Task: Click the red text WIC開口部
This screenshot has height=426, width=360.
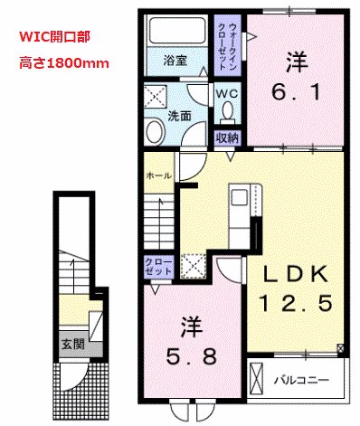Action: [x=54, y=41]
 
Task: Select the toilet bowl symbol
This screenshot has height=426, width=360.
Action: [x=227, y=113]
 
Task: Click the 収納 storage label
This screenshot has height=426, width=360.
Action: [x=226, y=137]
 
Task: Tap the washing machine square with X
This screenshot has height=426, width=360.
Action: [x=156, y=95]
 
